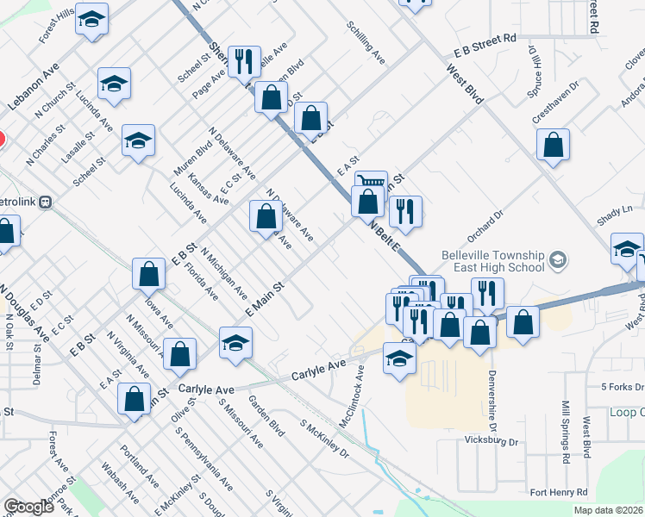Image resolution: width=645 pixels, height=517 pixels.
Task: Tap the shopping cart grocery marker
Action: [370, 182]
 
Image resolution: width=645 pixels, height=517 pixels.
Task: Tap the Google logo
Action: [28, 507]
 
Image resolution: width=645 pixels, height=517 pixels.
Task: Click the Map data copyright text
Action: [607, 510]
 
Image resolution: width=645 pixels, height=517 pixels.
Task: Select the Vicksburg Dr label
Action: [488, 442]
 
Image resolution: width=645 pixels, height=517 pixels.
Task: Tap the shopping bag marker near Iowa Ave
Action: [148, 273]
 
